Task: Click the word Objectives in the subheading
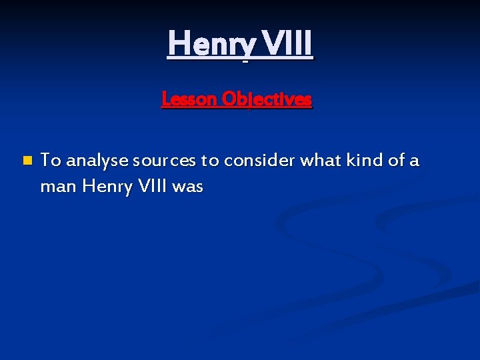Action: [x=267, y=99]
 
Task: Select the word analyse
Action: [x=97, y=161]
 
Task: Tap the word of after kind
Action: [x=396, y=160]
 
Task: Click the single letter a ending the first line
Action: [x=415, y=161]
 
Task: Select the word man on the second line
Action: [x=59, y=187]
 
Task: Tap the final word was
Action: [x=187, y=187]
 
